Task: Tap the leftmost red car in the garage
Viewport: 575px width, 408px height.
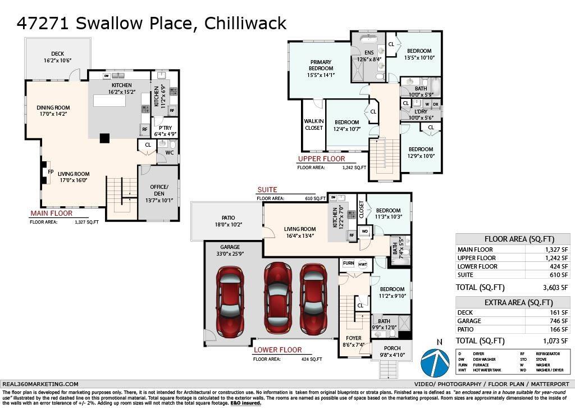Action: pos(230,301)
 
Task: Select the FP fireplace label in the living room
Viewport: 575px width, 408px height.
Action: pos(50,172)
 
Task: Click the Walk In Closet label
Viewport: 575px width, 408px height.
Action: pos(314,124)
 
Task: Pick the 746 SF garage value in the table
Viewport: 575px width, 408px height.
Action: pos(560,320)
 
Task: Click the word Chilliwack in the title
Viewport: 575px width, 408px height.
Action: pos(245,23)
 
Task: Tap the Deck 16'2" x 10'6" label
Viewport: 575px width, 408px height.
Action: pos(58,57)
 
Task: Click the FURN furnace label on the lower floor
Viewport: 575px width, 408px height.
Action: pos(348,264)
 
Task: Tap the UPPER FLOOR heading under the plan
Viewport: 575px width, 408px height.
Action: pos(321,158)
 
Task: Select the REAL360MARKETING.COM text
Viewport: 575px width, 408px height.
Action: pos(40,384)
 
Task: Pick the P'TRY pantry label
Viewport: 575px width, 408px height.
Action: pos(165,130)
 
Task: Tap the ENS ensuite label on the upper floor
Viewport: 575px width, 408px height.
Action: pos(369,55)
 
